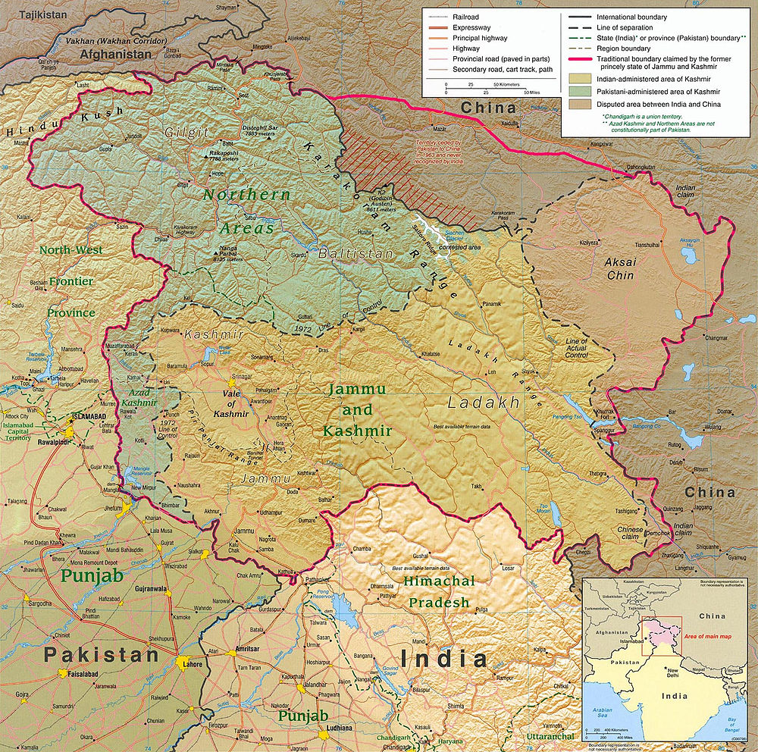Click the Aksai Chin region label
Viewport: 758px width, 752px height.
pyautogui.click(x=620, y=270)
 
